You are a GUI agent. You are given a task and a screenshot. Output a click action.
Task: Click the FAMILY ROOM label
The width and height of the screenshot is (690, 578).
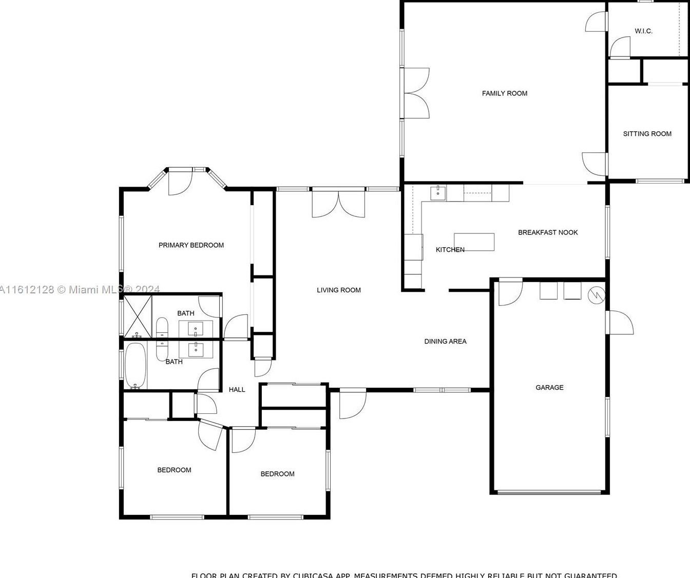(504, 93)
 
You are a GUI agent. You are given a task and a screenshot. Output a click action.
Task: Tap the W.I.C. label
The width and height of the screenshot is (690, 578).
(643, 31)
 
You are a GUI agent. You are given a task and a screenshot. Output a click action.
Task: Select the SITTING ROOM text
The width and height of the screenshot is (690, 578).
(647, 134)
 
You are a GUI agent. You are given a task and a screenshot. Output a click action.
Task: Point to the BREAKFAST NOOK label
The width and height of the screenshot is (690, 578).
(548, 232)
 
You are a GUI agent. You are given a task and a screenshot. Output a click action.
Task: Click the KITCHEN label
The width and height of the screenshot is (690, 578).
(450, 250)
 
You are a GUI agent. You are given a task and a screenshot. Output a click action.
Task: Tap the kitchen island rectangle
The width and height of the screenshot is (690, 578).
(474, 242)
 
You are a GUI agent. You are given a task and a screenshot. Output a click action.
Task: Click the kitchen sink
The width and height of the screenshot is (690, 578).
(438, 193)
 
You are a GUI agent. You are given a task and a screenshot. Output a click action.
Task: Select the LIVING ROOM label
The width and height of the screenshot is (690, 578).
(338, 290)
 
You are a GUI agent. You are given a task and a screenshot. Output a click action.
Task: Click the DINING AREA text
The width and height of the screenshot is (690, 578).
(445, 342)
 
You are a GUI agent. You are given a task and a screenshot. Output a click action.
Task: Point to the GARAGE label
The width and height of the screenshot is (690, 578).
(549, 388)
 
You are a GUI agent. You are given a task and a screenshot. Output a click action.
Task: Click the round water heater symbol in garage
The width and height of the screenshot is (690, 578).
(597, 294)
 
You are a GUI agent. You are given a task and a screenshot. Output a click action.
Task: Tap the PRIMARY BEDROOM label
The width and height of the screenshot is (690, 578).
(191, 245)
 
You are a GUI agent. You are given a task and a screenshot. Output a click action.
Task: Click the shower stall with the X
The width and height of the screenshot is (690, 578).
(138, 317)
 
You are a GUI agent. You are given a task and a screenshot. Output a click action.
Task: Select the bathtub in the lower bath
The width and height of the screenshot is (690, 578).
(136, 366)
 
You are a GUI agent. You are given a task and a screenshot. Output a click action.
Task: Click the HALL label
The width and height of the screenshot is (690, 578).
(237, 390)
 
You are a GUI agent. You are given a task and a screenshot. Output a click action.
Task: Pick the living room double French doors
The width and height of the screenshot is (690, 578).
(339, 204)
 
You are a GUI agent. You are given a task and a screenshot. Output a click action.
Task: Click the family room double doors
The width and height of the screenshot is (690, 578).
(416, 93)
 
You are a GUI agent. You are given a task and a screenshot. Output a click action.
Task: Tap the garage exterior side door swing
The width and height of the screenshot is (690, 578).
(620, 323)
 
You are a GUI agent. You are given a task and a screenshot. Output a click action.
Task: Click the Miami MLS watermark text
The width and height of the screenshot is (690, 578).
(80, 290)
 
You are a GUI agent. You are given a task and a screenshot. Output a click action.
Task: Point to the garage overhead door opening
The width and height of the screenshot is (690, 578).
(549, 492)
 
